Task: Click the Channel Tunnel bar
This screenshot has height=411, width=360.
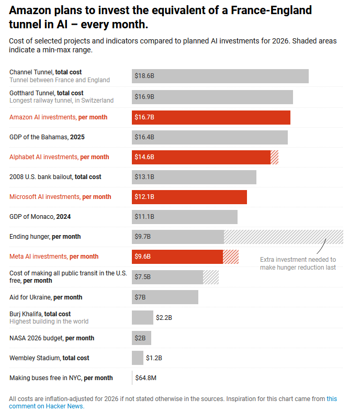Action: [x=220, y=76]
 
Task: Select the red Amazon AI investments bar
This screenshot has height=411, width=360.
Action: [x=211, y=117]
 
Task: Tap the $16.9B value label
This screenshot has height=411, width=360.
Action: [x=144, y=96]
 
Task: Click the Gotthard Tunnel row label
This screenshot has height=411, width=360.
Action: [x=61, y=96]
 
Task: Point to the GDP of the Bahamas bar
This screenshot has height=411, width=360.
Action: [x=209, y=137]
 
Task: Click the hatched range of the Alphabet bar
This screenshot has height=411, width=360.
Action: [x=274, y=157]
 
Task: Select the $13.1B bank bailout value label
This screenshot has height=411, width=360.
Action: [x=144, y=177]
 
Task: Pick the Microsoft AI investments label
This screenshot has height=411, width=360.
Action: [x=60, y=197]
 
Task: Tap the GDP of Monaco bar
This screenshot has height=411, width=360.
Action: [x=184, y=217]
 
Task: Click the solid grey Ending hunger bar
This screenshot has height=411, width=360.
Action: [x=178, y=237]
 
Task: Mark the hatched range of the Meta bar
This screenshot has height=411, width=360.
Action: [x=231, y=257]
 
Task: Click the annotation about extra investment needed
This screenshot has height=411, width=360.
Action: [x=298, y=263]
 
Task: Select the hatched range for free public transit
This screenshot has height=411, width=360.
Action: [x=211, y=277]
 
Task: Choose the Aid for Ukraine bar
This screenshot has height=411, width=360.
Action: [x=165, y=297]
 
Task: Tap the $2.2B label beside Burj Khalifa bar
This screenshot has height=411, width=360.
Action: [x=164, y=317]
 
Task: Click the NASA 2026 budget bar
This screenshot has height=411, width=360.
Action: [x=141, y=338]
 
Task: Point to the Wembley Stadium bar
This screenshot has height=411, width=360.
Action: [x=137, y=358]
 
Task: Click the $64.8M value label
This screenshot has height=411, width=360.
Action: [x=146, y=377]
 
